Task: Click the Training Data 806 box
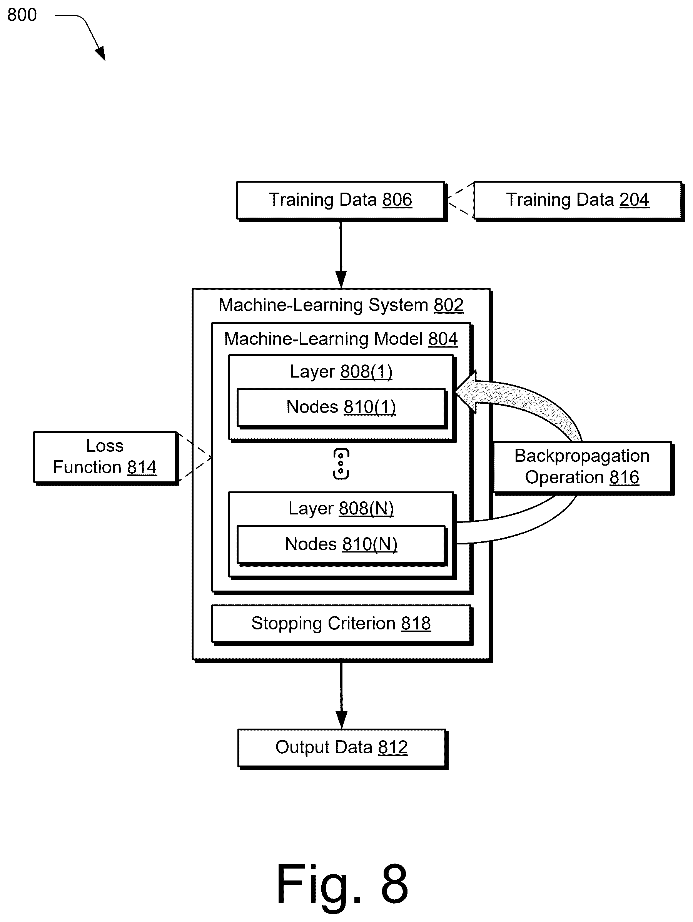(341, 200)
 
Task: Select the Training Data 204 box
(578, 200)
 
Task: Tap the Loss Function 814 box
(106, 458)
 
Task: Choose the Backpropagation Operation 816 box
(583, 467)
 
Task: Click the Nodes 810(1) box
(342, 408)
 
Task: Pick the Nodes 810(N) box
(342, 545)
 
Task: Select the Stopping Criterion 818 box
(342, 624)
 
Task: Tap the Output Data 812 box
(342, 749)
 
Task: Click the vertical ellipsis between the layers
(341, 464)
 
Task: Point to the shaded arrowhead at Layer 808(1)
(466, 392)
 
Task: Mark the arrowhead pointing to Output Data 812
(341, 720)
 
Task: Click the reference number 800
(22, 15)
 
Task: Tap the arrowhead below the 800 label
(100, 53)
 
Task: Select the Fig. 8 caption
(342, 884)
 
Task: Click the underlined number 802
(449, 305)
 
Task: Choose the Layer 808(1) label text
(341, 372)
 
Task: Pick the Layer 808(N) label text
(341, 509)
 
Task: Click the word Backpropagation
(582, 456)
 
